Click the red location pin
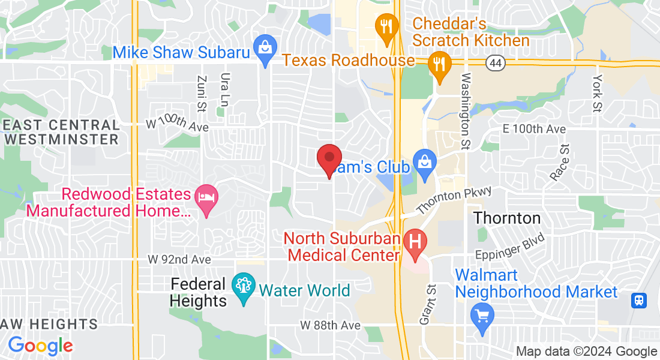[329, 159]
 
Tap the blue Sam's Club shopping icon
[424, 164]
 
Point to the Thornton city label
[507, 217]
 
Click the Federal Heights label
[198, 292]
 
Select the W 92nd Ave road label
[179, 260]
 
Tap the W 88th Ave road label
[330, 325]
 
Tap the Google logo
[40, 346]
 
